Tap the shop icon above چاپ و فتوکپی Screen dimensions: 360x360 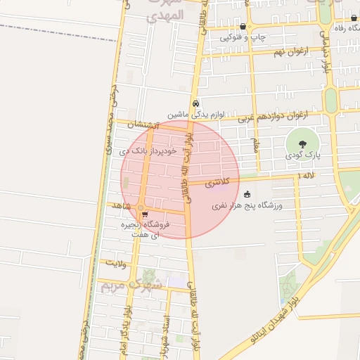click(243, 25)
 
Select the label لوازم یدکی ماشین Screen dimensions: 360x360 click(195, 113)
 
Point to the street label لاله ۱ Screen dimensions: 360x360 click(307, 174)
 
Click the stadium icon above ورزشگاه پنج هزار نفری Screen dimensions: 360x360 click(246, 195)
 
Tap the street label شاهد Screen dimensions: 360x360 click(122, 205)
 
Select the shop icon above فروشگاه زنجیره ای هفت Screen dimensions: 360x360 click(144, 214)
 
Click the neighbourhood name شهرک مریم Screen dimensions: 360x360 click(131, 285)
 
